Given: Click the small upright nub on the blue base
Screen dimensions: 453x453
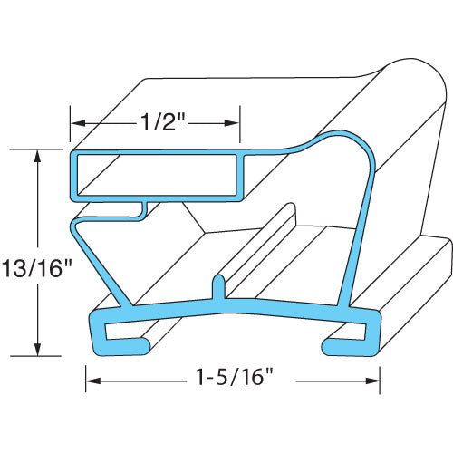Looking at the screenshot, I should click(x=217, y=285).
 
